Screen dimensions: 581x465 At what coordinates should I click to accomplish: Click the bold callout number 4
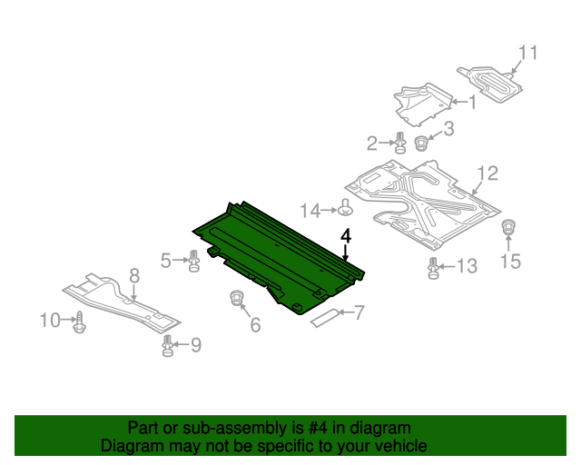click(x=346, y=236)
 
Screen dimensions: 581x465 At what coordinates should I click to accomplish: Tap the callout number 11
click(x=527, y=53)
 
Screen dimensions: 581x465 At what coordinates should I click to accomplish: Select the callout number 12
click(x=487, y=173)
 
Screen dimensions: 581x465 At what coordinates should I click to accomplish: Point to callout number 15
click(x=510, y=261)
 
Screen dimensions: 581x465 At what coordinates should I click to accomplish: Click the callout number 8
click(x=134, y=276)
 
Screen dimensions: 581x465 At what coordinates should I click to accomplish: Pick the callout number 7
click(x=359, y=312)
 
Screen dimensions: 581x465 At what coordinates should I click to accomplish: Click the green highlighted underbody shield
click(x=278, y=258)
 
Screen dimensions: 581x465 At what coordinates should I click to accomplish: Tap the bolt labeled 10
click(x=80, y=322)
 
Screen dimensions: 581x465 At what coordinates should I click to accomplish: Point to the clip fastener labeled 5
click(x=193, y=261)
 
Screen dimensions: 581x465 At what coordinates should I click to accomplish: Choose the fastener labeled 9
click(x=168, y=346)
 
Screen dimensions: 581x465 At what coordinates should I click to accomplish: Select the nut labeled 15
click(x=508, y=226)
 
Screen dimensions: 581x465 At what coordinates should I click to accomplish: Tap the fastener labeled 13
click(x=433, y=269)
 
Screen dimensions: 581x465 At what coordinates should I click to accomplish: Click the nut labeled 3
click(x=420, y=143)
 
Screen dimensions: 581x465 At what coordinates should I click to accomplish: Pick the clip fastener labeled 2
click(x=400, y=143)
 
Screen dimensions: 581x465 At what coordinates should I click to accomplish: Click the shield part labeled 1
click(x=422, y=104)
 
